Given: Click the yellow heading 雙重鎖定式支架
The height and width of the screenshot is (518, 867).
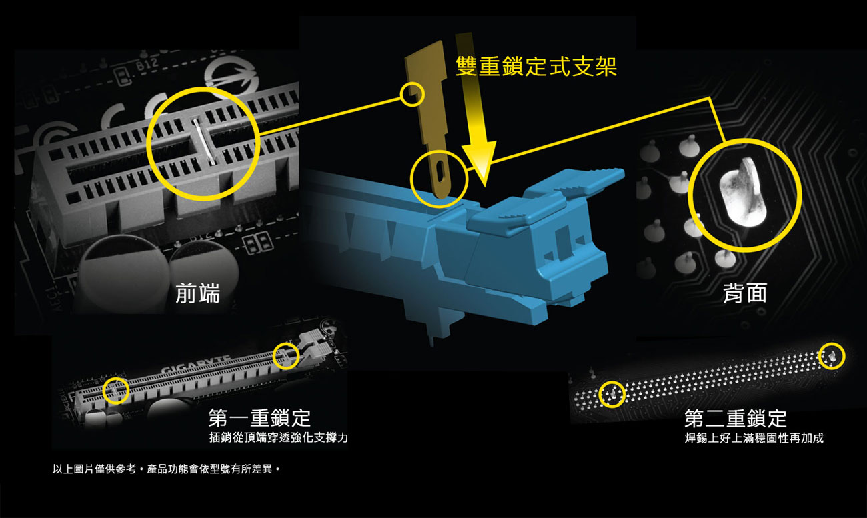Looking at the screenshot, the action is pos(536,67).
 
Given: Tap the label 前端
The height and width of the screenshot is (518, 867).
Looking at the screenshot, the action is pos(198,293).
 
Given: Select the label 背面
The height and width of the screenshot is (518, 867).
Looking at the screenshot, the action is pos(745,293).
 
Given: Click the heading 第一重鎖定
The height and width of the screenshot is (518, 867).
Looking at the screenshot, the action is pos(259,418).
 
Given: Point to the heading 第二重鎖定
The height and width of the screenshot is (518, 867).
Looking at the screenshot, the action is pos(736,418).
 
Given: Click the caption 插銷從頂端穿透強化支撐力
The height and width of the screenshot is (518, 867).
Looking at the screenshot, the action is pos(279,437).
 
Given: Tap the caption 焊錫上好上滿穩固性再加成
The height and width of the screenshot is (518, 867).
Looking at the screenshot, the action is pos(754,438).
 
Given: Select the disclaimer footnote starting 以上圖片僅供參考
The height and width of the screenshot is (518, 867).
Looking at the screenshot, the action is pos(166,469).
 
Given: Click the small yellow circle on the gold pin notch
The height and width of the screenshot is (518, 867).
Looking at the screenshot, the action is pos(412,94).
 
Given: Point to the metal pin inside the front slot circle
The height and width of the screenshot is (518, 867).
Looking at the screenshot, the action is pos(204,141).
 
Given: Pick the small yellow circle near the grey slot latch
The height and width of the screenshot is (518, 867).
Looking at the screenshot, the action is pos(286,355).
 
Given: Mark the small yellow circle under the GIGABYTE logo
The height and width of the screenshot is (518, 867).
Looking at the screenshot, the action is pos(116,391).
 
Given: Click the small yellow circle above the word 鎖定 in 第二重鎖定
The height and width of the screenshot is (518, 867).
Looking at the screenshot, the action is pos(832,356).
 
